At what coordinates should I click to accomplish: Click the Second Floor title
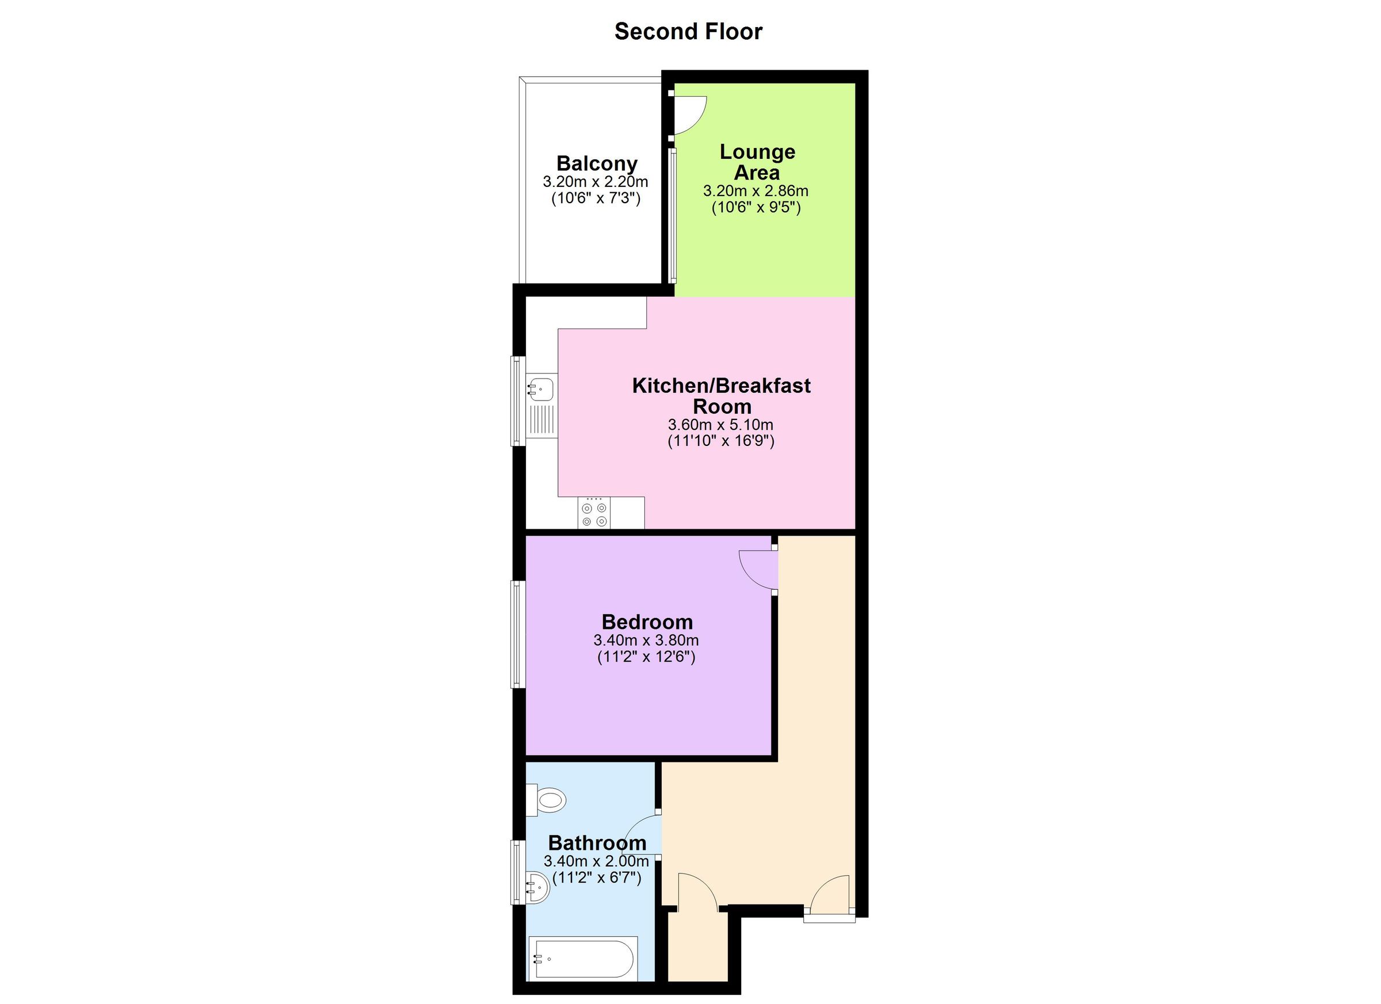(688, 32)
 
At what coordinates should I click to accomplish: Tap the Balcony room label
(596, 163)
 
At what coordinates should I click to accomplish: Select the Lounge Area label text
(757, 162)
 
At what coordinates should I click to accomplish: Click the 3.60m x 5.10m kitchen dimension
(720, 425)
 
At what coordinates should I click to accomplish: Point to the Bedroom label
(647, 621)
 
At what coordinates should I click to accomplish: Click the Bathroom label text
(597, 843)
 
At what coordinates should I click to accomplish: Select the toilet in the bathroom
(547, 799)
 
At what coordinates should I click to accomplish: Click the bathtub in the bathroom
(583, 959)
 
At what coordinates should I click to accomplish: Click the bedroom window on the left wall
(517, 634)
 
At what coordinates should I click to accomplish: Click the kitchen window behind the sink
(517, 401)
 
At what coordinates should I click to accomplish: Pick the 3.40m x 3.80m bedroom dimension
(646, 640)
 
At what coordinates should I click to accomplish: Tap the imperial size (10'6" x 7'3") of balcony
(596, 198)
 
